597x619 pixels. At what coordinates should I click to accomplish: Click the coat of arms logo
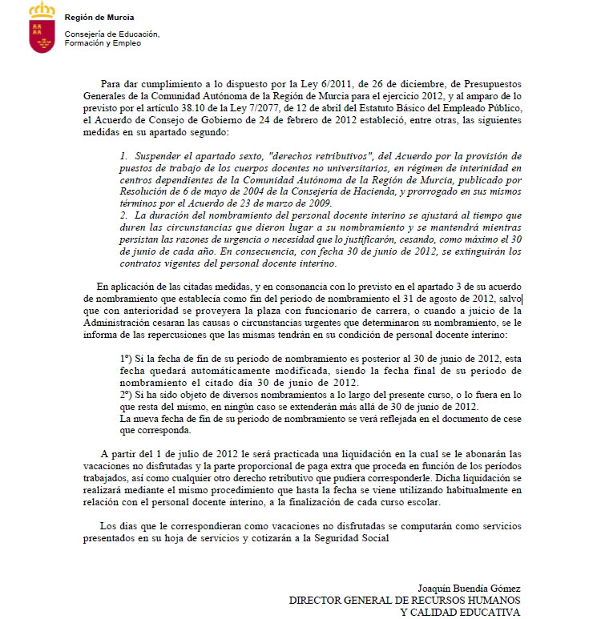(x=42, y=27)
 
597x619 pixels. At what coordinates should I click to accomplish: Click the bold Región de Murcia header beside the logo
(x=100, y=17)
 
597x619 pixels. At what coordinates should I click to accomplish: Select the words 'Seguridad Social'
(x=353, y=538)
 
